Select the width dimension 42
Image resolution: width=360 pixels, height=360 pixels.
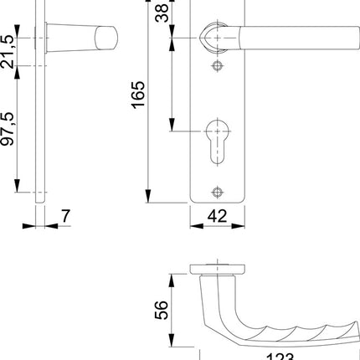coord(219,215)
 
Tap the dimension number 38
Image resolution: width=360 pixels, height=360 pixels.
coord(162,13)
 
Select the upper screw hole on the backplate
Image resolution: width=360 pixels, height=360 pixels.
coord(219,64)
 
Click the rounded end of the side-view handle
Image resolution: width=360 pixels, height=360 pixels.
coord(107,39)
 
